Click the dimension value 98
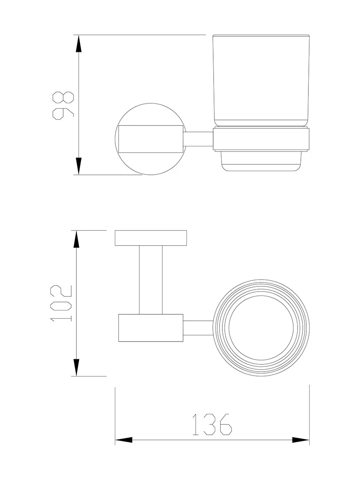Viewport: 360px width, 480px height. coord(63,106)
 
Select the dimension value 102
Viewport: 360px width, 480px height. coord(61,303)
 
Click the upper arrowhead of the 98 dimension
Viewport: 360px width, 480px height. coord(78,44)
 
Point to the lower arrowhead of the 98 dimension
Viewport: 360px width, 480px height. coord(78,166)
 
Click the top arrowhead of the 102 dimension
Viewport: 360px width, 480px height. coord(76,239)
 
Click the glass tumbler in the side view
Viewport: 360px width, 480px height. coord(261,81)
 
